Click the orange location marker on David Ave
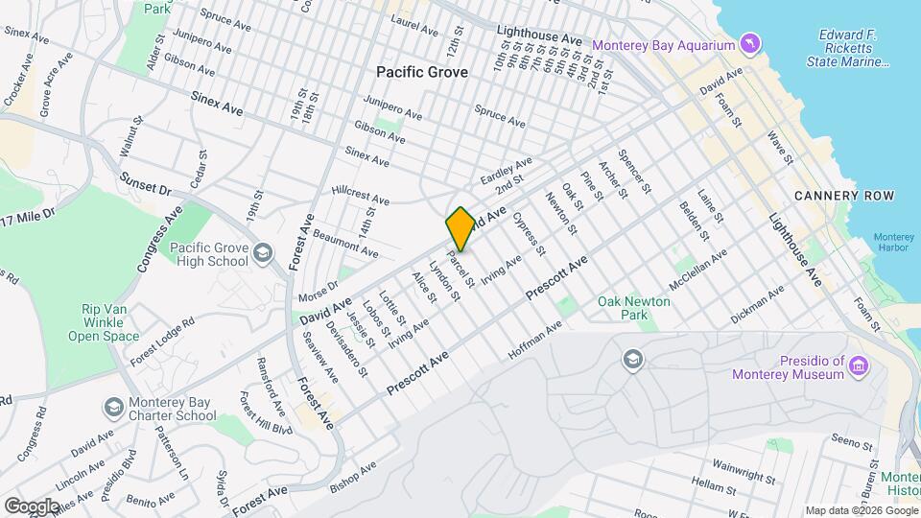point(460,229)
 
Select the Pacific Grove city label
point(422,72)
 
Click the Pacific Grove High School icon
point(264,254)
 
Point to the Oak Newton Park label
point(634,307)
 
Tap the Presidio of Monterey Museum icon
point(859,365)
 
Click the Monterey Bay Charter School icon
point(114,408)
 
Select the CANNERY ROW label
point(844,196)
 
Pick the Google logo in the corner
point(32,505)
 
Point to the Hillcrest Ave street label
point(360,197)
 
